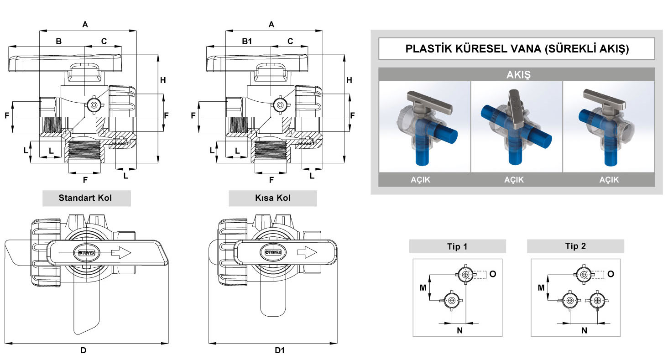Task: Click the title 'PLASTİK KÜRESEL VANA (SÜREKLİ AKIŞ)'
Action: point(517,49)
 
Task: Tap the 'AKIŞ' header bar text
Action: point(517,74)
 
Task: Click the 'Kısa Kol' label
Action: point(273,198)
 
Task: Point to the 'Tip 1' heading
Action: point(457,246)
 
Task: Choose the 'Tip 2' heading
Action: point(575,246)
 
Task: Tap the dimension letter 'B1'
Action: point(247,42)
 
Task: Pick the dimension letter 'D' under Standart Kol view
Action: point(83,350)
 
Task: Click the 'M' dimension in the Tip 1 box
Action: point(423,287)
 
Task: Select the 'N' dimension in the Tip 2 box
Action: point(584,330)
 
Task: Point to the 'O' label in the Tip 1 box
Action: point(492,274)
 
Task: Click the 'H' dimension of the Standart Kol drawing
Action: point(163,80)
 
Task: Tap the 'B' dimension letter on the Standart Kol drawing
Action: point(58,42)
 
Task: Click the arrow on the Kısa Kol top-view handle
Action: point(307,252)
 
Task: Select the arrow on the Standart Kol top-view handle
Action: point(121,252)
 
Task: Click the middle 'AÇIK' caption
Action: point(514,180)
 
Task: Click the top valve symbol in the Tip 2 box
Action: point(583,274)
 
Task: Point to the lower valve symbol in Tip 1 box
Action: point(452,300)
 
